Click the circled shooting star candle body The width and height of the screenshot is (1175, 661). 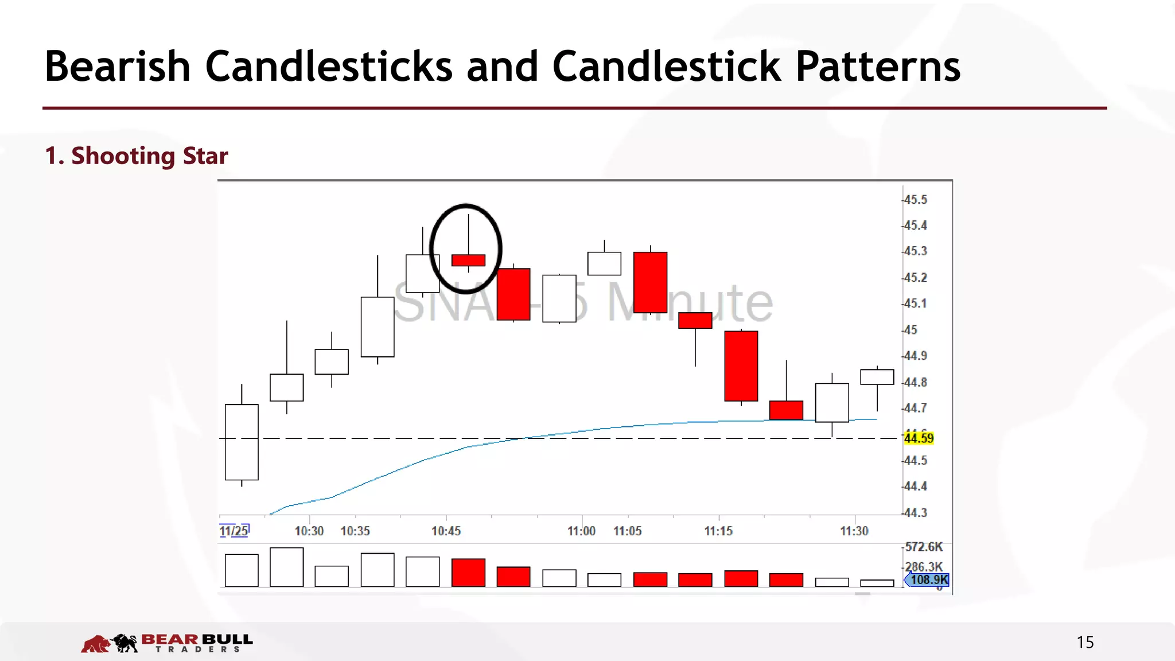click(x=468, y=260)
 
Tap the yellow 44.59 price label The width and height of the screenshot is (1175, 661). click(x=919, y=438)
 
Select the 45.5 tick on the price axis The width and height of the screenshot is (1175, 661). click(x=915, y=200)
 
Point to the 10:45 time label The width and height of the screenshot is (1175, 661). click(x=446, y=531)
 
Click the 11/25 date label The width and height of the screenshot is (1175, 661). click(x=234, y=531)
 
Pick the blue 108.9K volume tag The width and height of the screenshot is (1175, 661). click(x=928, y=580)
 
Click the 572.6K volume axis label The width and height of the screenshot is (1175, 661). click(x=924, y=547)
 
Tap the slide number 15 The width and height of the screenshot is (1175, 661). click(x=1085, y=642)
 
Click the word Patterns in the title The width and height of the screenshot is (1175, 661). click(x=878, y=67)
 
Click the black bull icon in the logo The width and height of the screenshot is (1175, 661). click(x=125, y=643)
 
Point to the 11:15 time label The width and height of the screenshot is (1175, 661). click(x=718, y=531)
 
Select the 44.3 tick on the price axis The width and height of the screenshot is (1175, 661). click(x=915, y=512)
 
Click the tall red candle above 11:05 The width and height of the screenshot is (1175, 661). click(x=650, y=282)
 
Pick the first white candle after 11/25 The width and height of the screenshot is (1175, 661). click(x=242, y=442)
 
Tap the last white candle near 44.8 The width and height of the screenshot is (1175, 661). click(x=877, y=377)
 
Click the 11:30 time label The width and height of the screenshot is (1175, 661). click(x=854, y=531)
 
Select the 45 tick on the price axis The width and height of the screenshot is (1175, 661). click(x=911, y=330)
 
